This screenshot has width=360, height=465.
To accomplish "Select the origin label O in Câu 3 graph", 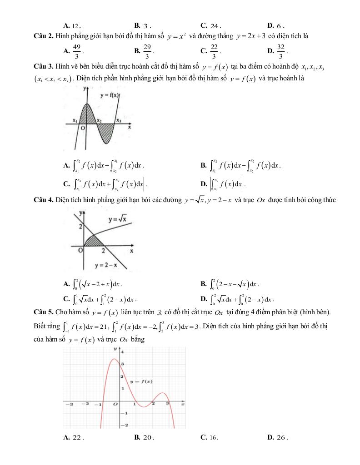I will click(83, 129).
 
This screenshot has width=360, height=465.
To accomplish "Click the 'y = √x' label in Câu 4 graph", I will click(117, 220).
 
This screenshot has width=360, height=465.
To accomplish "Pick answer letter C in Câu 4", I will click(67, 299).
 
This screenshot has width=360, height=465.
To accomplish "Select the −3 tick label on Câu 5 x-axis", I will click(70, 403).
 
